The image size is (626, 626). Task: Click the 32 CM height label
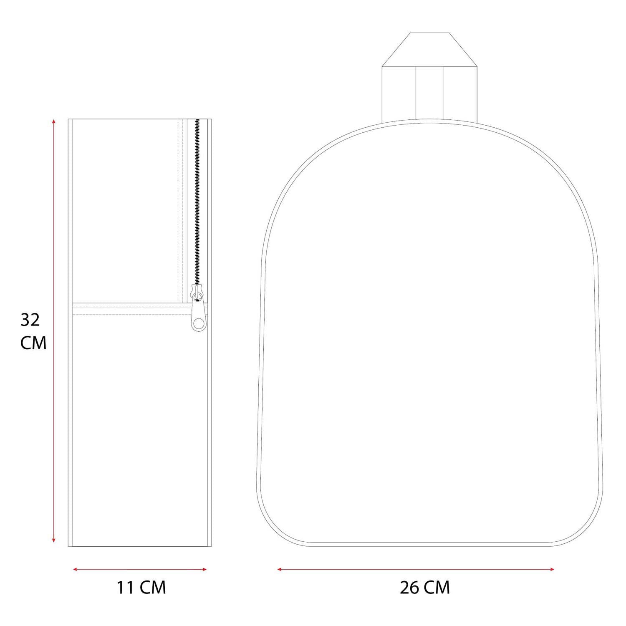(x=33, y=331)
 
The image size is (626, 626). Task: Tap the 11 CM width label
(x=141, y=588)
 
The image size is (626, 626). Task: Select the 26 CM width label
(x=425, y=588)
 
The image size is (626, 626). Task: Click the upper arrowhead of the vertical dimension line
(x=53, y=121)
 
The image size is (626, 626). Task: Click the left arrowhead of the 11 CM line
(x=76, y=569)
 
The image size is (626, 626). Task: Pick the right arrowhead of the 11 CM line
(x=204, y=569)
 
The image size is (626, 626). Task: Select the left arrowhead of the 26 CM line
(x=280, y=569)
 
